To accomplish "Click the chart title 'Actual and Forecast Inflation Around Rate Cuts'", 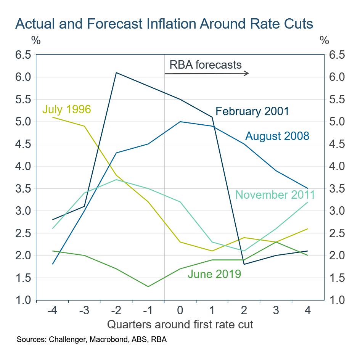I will (x=164, y=24).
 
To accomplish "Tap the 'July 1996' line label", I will (x=66, y=109).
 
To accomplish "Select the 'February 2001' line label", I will (x=252, y=111).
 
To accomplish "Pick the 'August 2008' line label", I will (x=277, y=136).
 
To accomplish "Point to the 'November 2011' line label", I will (x=275, y=195).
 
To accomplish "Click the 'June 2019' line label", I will (x=214, y=273).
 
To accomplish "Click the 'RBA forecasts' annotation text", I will (x=203, y=65).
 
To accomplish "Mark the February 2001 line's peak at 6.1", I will (x=116, y=72).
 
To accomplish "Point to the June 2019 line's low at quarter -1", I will (x=148, y=286).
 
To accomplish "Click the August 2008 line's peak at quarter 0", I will (x=180, y=122).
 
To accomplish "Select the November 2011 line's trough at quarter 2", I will (x=244, y=251).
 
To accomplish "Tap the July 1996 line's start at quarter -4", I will (x=52, y=117).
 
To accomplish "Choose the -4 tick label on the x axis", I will (x=52, y=311).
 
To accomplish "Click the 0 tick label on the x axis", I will (x=180, y=311).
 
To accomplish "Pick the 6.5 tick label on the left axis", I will (x=22, y=55).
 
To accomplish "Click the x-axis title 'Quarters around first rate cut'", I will (x=180, y=325).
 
